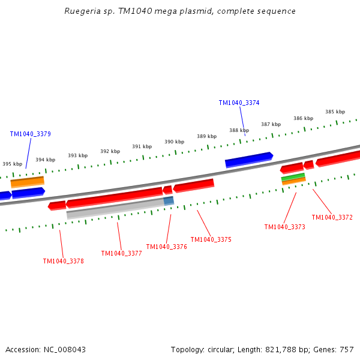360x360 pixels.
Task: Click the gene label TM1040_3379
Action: (x=30, y=134)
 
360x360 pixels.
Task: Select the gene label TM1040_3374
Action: (x=239, y=103)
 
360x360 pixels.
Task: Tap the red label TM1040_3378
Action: (x=63, y=261)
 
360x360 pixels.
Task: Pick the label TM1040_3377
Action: (x=121, y=253)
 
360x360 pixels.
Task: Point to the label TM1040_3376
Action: (x=166, y=247)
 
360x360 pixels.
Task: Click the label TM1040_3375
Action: (x=211, y=239)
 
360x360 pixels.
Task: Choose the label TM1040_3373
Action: (x=284, y=227)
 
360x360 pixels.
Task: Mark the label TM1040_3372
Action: (x=332, y=217)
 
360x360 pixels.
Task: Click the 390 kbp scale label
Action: (x=174, y=142)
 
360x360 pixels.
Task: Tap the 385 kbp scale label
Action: (x=335, y=112)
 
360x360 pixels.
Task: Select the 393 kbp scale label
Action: (x=77, y=155)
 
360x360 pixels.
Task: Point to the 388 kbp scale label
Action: (x=239, y=130)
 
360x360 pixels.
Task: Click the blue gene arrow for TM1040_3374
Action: (x=249, y=160)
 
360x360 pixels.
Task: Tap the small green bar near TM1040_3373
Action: (x=293, y=176)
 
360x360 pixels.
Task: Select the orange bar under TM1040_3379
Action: (x=27, y=181)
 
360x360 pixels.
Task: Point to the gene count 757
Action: (x=347, y=350)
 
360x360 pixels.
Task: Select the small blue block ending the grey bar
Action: (x=169, y=200)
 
